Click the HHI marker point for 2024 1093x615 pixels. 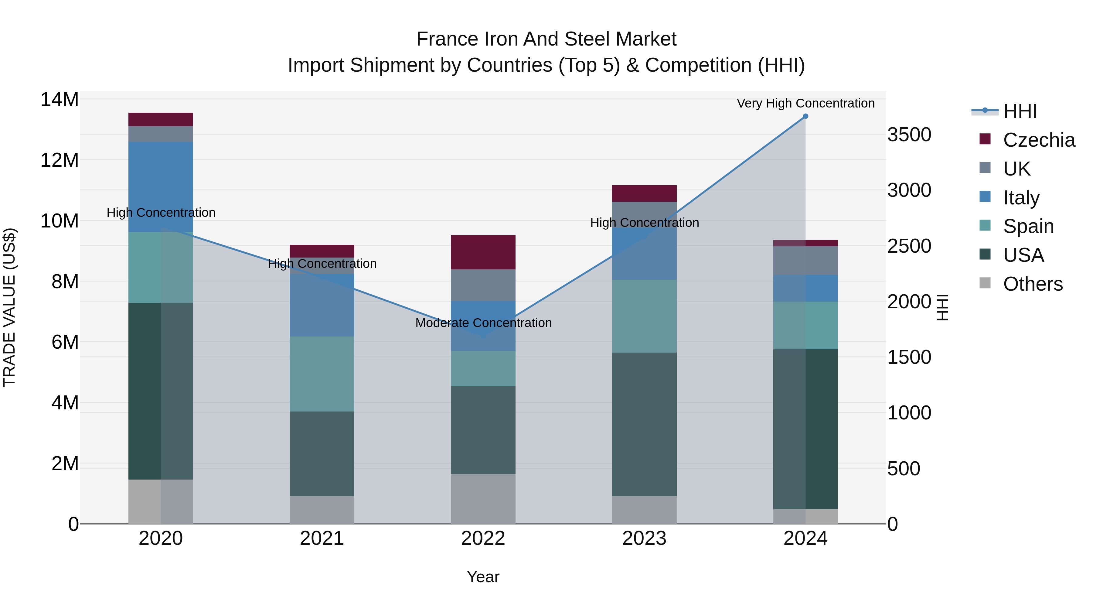805,116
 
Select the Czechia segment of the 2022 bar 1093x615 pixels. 483,252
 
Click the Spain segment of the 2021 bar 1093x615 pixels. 322,374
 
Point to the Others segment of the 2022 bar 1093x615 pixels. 483,499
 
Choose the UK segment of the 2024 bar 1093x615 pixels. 805,261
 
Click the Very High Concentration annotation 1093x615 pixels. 805,104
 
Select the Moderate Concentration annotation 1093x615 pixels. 483,323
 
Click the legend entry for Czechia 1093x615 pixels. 1039,140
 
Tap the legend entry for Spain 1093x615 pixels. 1028,226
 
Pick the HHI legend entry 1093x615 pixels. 1020,111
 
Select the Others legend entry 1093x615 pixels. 1032,284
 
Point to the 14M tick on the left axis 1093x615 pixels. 60,100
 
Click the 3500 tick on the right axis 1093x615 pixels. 909,135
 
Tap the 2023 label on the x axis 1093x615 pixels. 644,538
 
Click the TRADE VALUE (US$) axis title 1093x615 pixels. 9,307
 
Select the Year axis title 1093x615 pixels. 483,577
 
